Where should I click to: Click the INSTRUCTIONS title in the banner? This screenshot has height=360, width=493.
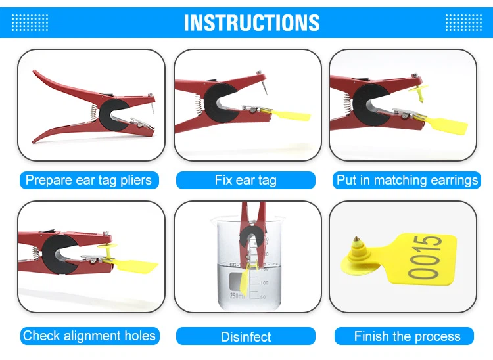(x=252, y=22)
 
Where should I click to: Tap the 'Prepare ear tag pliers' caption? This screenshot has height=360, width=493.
(x=89, y=180)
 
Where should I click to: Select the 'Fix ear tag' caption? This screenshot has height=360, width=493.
(x=246, y=180)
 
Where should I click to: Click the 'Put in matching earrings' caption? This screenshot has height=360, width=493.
(x=407, y=180)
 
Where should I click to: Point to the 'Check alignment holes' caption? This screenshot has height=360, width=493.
(x=89, y=336)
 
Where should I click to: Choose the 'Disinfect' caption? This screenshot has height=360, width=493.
(x=246, y=337)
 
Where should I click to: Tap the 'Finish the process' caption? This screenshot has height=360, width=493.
(x=407, y=336)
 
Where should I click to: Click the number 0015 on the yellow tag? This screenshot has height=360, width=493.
(x=425, y=258)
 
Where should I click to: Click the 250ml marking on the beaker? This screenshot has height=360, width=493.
(x=237, y=295)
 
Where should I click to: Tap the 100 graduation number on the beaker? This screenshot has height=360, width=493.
(x=264, y=282)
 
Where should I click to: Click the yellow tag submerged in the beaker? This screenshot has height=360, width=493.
(x=245, y=281)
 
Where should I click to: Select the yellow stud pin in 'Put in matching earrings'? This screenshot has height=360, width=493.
(x=419, y=93)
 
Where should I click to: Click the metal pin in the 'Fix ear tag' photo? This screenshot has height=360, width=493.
(x=265, y=87)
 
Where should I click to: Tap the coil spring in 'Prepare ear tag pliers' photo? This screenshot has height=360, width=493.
(x=94, y=113)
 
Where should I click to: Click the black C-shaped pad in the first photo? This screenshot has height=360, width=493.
(x=108, y=115)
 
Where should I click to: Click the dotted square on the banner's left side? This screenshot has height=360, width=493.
(x=30, y=22)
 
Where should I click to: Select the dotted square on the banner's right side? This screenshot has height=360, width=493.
(x=463, y=22)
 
